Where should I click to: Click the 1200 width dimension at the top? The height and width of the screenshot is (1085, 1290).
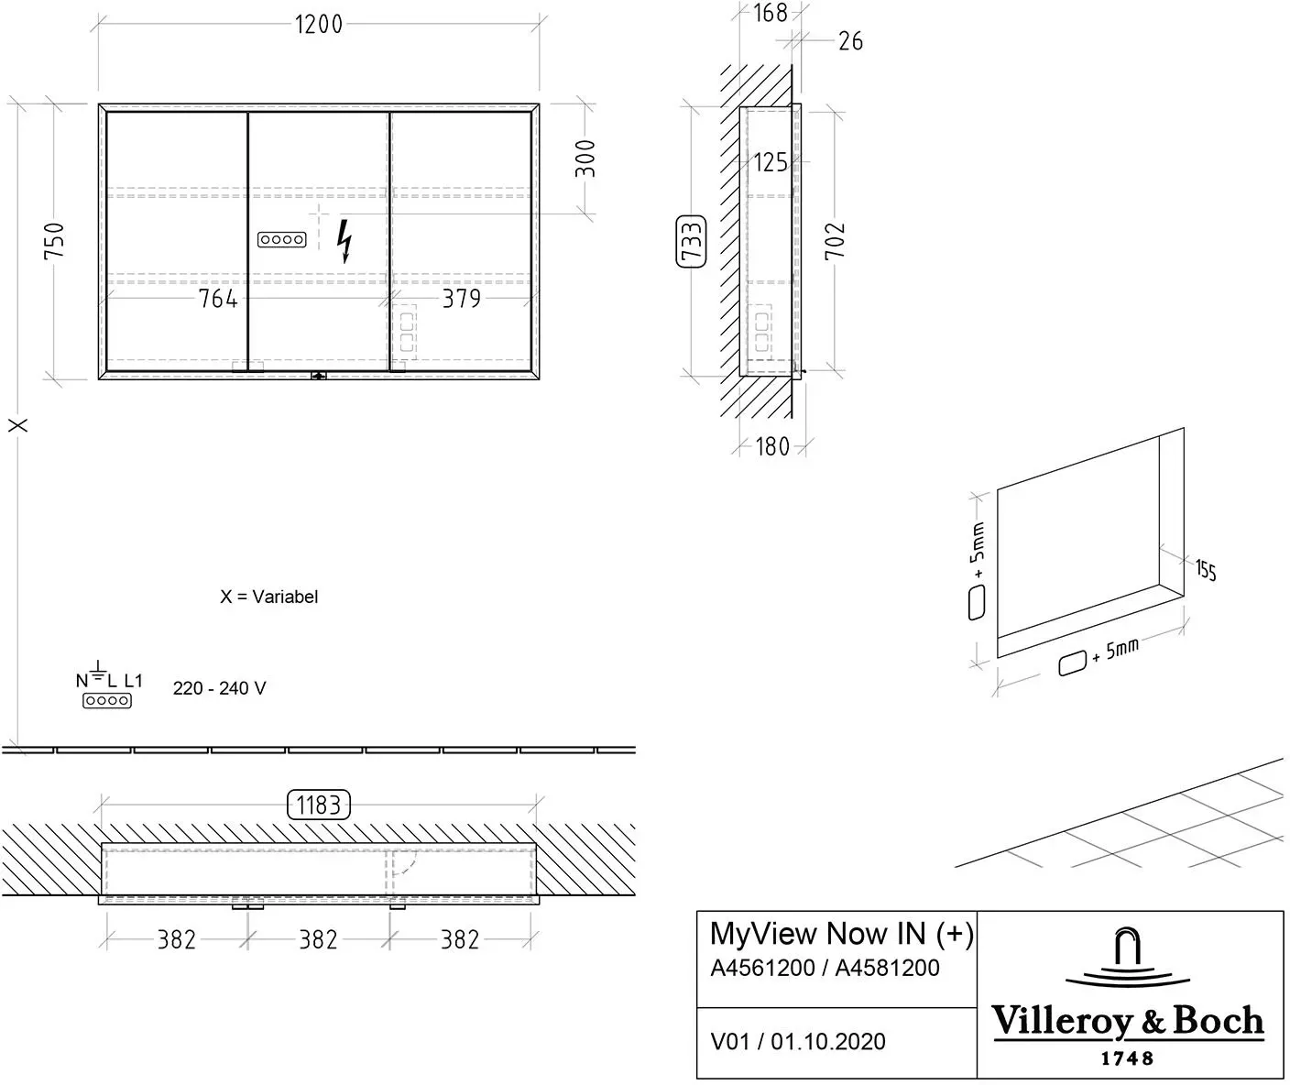[318, 25]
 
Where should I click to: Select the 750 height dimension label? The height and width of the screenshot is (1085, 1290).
[54, 241]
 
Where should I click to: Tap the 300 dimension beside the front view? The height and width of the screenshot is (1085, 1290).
[585, 159]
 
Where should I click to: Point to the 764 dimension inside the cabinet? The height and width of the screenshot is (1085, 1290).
[217, 299]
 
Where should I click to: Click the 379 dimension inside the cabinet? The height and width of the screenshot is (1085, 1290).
[461, 299]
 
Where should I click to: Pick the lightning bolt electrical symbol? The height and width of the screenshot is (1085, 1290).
[344, 241]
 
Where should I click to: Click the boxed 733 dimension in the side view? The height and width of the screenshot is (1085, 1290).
[692, 242]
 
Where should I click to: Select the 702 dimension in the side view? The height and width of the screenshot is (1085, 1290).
[835, 241]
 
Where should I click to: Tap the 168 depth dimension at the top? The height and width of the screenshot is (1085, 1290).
[770, 14]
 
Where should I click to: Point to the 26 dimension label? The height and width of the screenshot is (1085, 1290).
[850, 41]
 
